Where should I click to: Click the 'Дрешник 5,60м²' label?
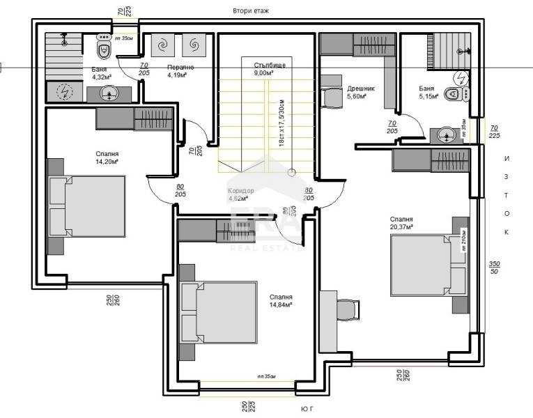360,93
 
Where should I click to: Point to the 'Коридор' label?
241,194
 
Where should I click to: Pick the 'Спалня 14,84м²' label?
281,300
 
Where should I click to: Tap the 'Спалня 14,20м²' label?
107,157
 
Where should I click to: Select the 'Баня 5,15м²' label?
428,93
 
